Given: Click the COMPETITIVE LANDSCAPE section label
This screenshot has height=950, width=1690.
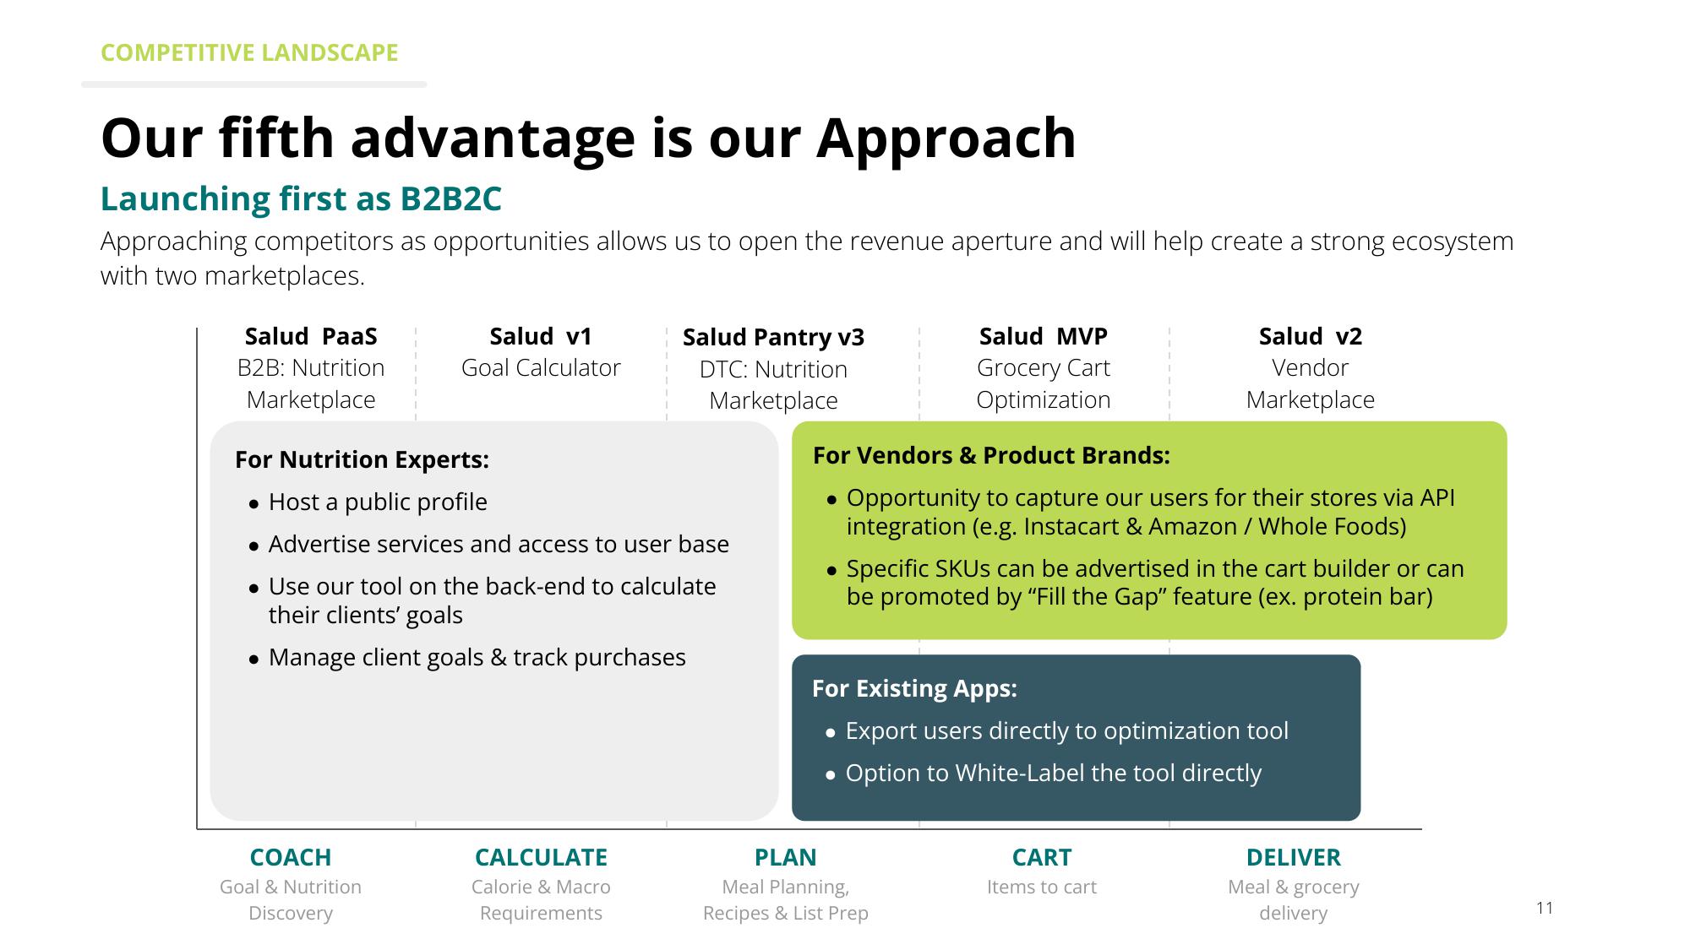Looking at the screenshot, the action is pos(249,52).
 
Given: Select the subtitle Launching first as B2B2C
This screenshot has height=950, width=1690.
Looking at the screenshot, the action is pos(301,199).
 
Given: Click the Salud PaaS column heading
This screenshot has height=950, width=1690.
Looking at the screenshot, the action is pos(311,336).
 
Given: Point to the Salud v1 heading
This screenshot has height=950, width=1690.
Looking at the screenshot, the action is pos(541,336).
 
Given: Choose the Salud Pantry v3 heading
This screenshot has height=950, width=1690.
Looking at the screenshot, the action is pos(773,338).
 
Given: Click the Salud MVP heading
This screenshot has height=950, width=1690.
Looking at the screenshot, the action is pos(1044,336).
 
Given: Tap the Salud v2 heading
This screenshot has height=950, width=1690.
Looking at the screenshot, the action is pos(1311,336).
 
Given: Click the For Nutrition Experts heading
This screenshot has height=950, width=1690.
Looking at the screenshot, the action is pos(362,459).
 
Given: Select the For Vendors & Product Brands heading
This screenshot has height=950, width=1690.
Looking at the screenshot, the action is pos(991,456).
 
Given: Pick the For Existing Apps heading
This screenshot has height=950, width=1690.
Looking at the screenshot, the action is pos(914,689).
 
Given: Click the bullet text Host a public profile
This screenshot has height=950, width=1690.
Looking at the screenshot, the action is pos(378,502).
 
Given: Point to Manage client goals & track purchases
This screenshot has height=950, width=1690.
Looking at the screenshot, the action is pos(477,658).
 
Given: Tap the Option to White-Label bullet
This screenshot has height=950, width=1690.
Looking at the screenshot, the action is pos(1054,774).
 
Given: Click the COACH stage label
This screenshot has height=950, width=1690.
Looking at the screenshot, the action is pos(291,857).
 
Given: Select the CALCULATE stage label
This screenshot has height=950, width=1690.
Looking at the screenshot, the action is pos(541,857).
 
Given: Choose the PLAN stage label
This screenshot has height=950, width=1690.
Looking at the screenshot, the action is pos(786,857).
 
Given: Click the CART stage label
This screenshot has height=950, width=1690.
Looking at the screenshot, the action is pos(1042,857).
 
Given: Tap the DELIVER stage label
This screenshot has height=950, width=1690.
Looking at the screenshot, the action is pos(1294,857).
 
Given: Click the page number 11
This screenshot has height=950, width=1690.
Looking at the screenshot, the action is pos(1545,908).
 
